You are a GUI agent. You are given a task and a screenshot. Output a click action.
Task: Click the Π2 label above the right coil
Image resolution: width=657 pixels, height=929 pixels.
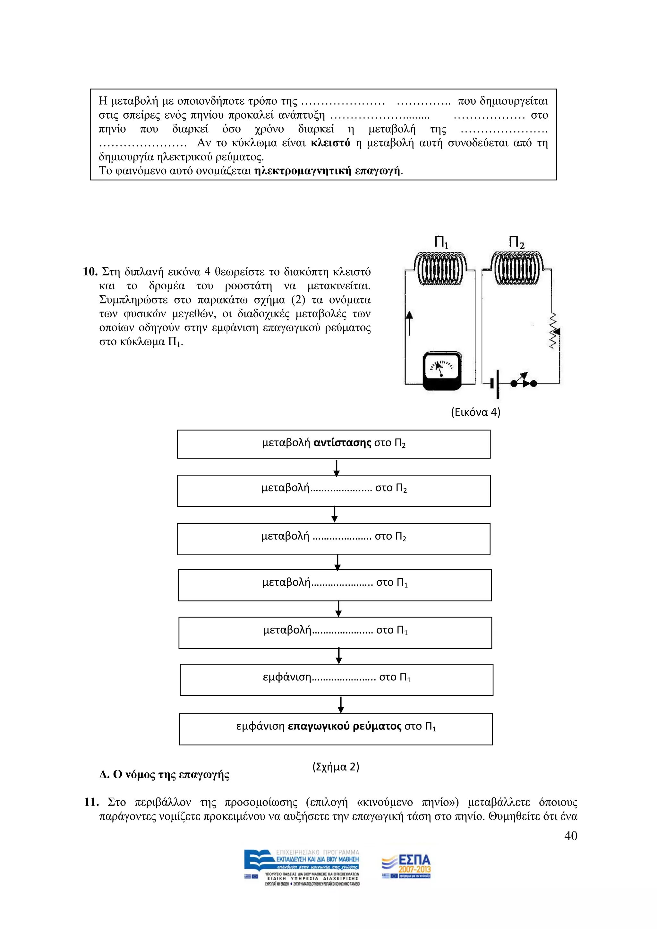516,243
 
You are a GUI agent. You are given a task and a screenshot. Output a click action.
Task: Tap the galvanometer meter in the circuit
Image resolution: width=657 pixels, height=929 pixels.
442,370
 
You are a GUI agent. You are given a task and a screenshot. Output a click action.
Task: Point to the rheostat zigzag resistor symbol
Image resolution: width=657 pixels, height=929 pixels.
553,331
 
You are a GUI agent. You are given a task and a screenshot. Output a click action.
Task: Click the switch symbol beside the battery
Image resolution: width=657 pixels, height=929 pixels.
523,380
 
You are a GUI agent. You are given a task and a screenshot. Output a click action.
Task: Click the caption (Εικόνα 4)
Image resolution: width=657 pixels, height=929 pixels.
475,412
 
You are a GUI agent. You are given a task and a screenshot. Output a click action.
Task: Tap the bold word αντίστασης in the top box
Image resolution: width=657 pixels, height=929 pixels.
342,443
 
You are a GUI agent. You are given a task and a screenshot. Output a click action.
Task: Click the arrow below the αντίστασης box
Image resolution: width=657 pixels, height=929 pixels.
336,467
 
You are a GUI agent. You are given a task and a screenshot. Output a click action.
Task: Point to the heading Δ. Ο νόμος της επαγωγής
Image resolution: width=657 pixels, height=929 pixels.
164,775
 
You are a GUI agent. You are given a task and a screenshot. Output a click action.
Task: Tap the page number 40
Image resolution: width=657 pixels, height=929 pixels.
570,836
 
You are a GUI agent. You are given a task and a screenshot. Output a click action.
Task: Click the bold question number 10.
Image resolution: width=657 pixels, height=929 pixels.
90,271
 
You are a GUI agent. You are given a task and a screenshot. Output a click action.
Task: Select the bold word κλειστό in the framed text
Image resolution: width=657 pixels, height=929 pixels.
330,143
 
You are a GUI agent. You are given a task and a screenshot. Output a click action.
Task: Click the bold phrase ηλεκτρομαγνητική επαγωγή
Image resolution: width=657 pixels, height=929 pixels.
327,171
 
